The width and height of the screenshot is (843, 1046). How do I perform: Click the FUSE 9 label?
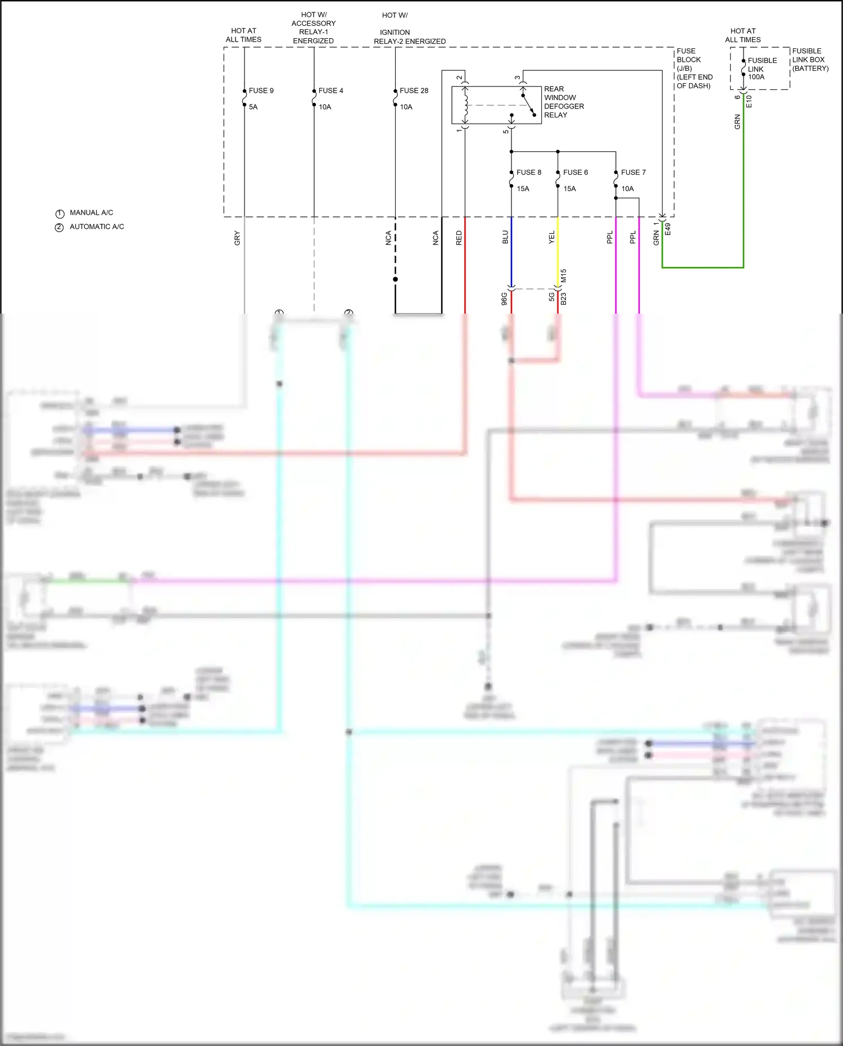click(261, 90)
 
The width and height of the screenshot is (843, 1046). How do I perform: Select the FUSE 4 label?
click(330, 90)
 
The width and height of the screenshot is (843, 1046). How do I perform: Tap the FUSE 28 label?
click(414, 90)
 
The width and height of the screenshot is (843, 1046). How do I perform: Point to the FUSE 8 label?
click(529, 173)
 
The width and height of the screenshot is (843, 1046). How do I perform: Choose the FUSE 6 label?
click(575, 173)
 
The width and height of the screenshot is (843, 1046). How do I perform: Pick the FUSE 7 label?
click(633, 173)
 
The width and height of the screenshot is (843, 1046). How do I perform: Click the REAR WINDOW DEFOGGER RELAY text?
click(563, 102)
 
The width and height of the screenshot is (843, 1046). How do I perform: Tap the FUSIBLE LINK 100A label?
click(762, 69)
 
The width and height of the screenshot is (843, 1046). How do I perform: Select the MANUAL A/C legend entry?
click(91, 212)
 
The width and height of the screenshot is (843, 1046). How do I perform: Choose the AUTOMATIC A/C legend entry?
click(97, 227)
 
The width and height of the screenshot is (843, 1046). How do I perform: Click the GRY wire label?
click(237, 238)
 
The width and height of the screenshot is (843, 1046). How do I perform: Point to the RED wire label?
click(459, 238)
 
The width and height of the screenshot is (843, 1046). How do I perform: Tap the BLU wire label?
click(505, 237)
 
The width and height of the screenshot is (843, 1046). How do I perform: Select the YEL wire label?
click(552, 237)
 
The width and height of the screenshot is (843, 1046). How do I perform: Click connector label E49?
click(668, 229)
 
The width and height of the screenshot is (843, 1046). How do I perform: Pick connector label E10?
click(749, 102)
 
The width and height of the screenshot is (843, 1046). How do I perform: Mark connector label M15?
click(564, 275)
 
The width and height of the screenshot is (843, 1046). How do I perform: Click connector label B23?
click(564, 298)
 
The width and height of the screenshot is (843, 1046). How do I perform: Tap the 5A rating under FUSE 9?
click(253, 107)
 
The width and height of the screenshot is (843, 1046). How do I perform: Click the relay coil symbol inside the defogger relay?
click(465, 105)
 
